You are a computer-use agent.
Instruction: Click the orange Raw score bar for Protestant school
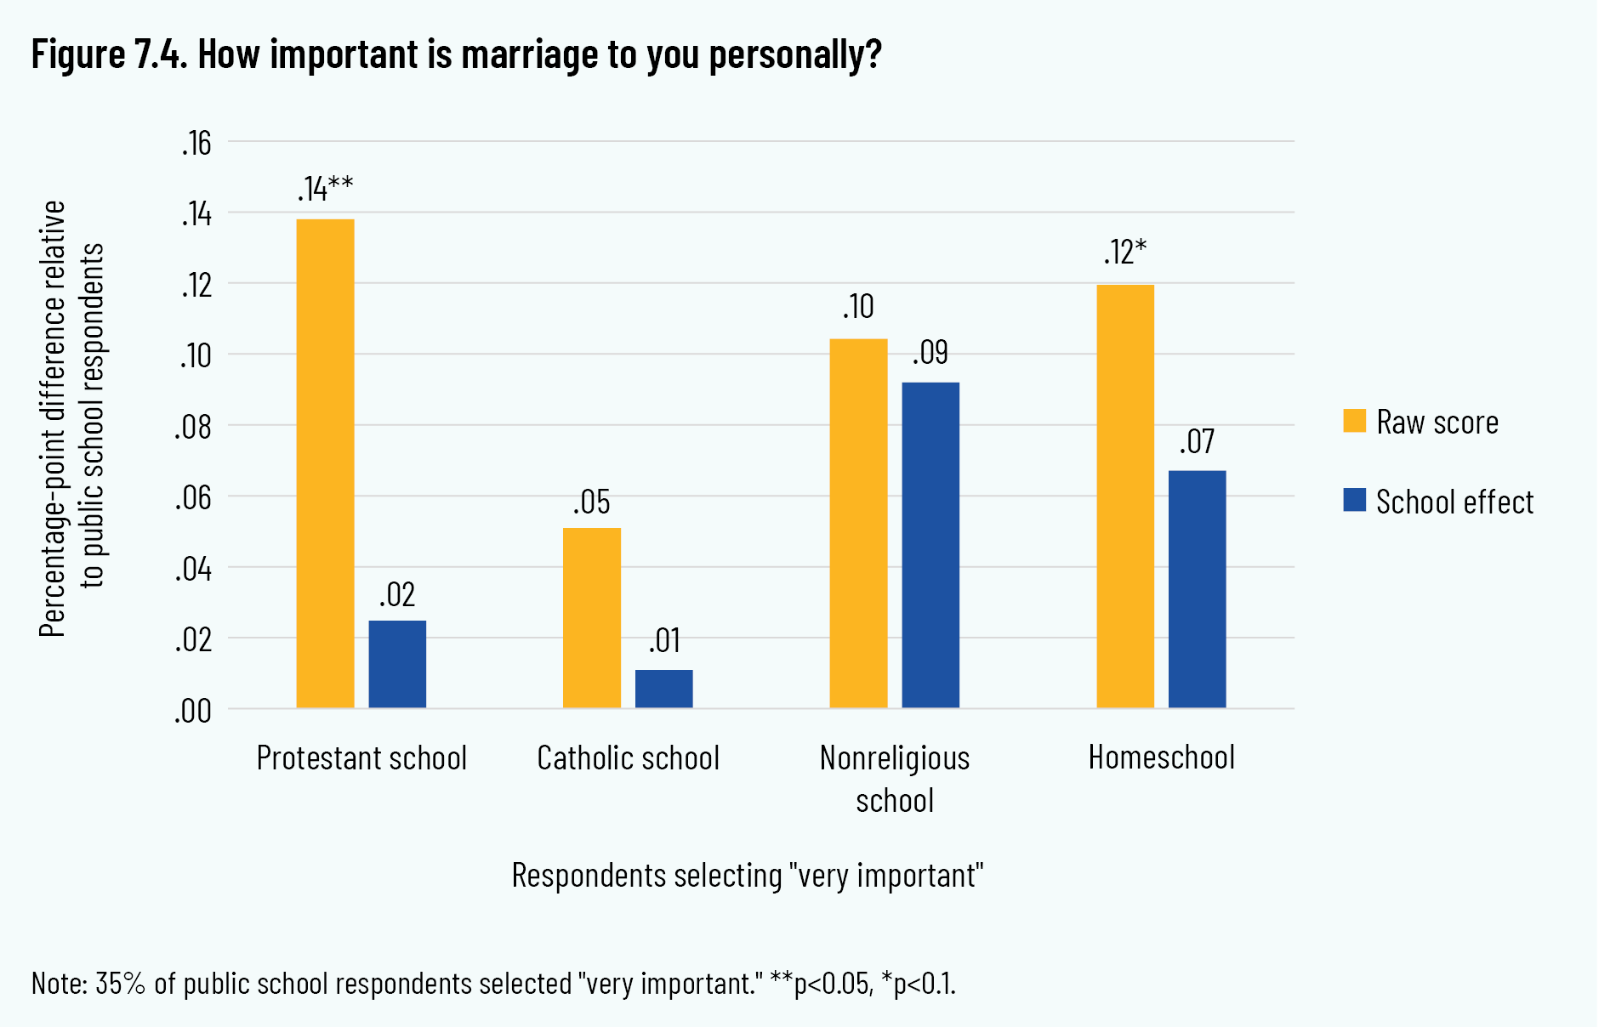pos(325,463)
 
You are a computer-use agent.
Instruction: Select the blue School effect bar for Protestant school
pos(397,664)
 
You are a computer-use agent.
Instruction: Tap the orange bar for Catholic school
pos(592,618)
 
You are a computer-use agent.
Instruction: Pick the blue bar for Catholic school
pos(663,689)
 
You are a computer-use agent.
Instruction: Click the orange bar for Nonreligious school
pos(858,523)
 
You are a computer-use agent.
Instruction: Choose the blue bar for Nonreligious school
pos(930,545)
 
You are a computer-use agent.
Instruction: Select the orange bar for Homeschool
pos(1125,496)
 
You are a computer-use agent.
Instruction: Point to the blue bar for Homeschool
pos(1197,589)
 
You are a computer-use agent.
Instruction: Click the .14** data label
pos(325,189)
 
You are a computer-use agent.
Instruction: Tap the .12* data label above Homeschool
pos(1125,252)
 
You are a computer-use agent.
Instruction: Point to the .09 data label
pos(930,352)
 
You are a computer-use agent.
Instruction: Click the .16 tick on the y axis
pos(196,144)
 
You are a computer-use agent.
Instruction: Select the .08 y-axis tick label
pos(194,427)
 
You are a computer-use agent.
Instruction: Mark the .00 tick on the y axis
pos(194,711)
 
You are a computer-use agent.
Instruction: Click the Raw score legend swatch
pos(1354,421)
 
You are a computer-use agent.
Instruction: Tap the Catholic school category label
pos(628,757)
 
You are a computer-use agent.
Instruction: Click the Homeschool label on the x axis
pos(1161,757)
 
